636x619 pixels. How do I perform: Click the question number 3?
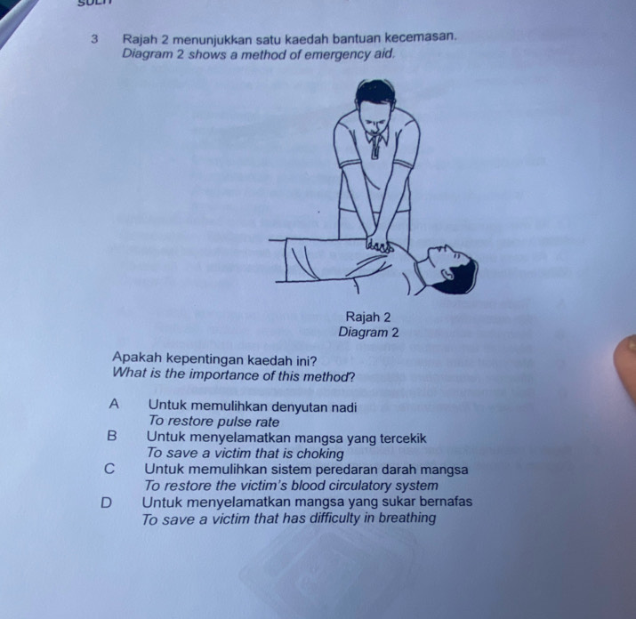[94, 39]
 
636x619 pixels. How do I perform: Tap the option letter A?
[115, 404]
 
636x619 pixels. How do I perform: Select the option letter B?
[112, 436]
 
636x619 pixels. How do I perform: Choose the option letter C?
[109, 469]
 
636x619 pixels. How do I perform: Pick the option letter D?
[106, 503]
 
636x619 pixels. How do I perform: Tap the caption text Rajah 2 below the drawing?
[368, 317]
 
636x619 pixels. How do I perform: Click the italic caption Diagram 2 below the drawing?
[368, 333]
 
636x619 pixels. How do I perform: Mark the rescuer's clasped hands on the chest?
[378, 245]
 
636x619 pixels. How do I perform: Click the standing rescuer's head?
[376, 108]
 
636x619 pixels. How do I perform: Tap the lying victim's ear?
[447, 275]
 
